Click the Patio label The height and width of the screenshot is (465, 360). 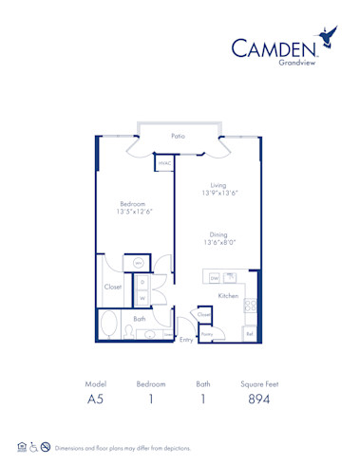tap(178, 136)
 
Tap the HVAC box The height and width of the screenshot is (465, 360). tap(163, 162)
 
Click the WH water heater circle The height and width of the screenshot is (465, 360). tap(138, 262)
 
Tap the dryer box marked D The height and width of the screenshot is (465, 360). tap(142, 282)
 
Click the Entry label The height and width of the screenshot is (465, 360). tap(185, 339)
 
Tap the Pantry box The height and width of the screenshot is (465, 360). tap(206, 333)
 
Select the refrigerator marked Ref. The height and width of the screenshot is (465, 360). tap(250, 333)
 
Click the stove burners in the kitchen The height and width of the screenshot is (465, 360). tap(252, 306)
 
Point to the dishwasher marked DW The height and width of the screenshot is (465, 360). tap(215, 278)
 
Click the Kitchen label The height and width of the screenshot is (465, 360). tap(228, 297)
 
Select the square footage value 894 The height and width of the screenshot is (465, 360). tap(259, 400)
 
